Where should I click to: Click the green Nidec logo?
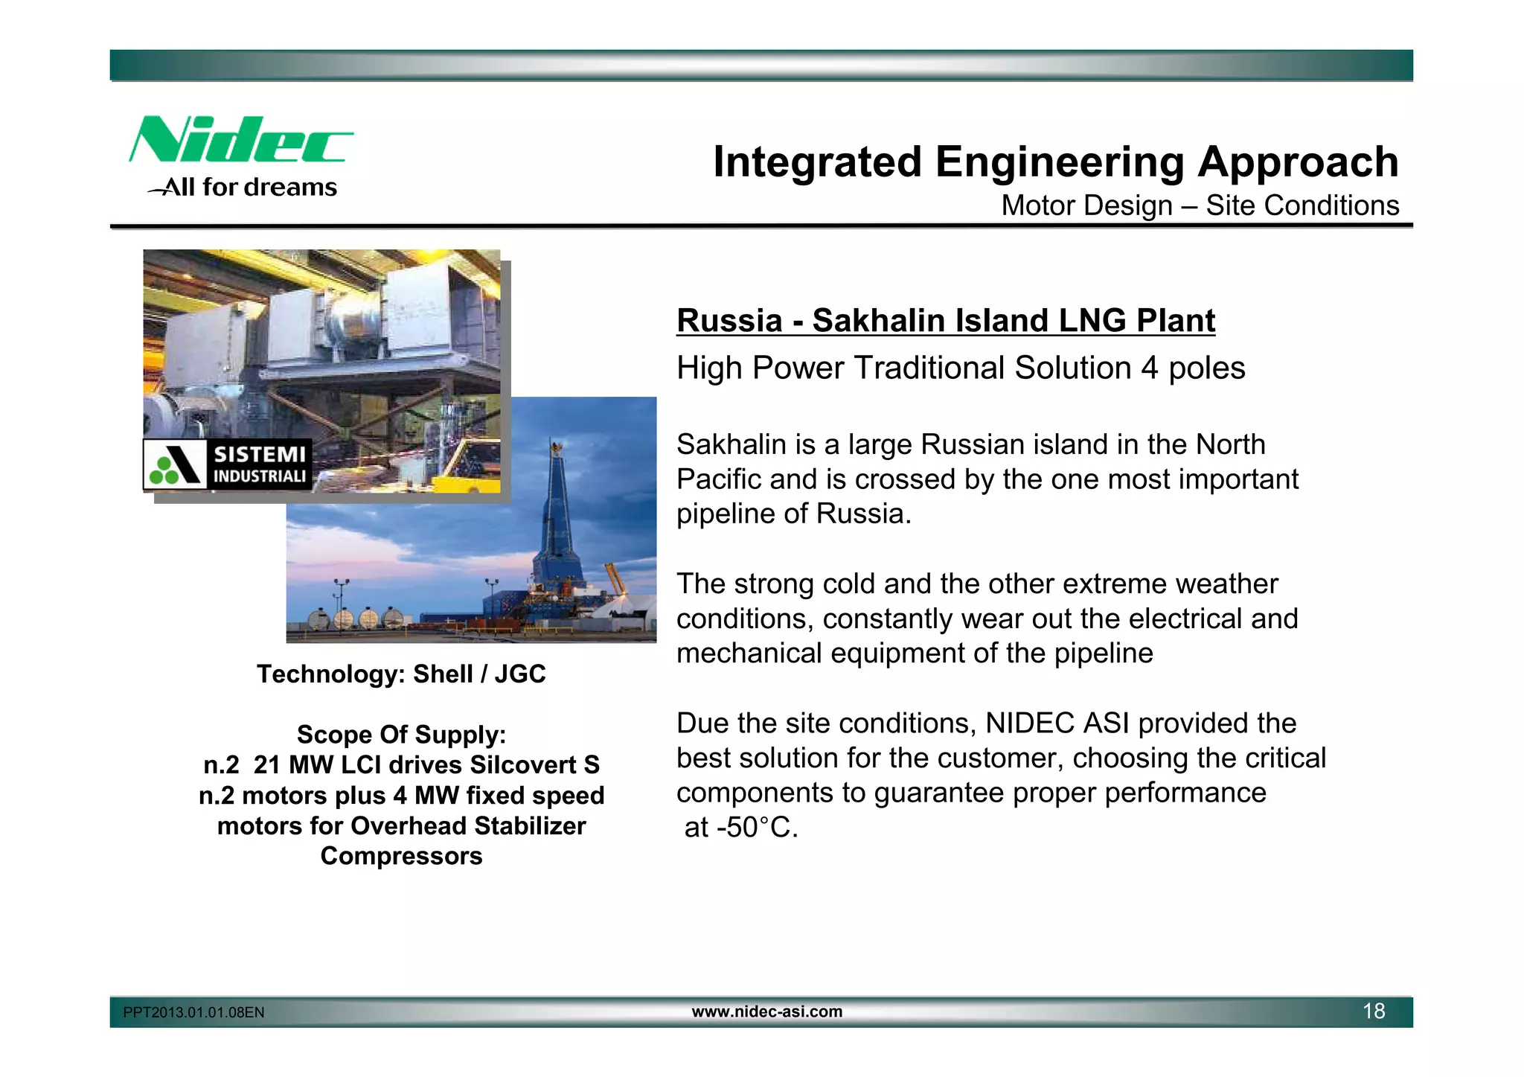pyautogui.click(x=240, y=140)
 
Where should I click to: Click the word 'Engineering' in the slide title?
pyautogui.click(x=1059, y=162)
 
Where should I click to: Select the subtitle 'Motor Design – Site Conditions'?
pyautogui.click(x=1200, y=206)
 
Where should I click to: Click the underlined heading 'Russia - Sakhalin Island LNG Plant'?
pyautogui.click(x=945, y=321)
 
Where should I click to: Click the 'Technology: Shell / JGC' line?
pyautogui.click(x=401, y=674)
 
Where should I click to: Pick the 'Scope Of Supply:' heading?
pyautogui.click(x=401, y=735)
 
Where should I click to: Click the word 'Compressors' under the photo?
pyautogui.click(x=401, y=856)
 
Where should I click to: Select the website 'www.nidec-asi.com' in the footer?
pyautogui.click(x=766, y=1012)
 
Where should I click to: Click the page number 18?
pyautogui.click(x=1373, y=1012)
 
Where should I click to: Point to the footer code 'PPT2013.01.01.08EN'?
pyautogui.click(x=193, y=1013)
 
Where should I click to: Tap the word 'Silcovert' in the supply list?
pyautogui.click(x=523, y=765)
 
